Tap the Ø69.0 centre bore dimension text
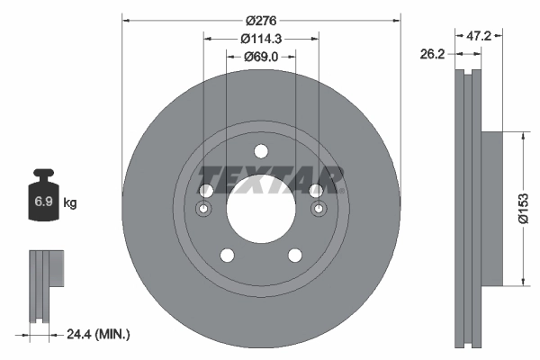click(261, 57)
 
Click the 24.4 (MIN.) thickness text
click(98, 334)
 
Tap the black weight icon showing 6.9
click(43, 199)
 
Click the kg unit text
click(69, 203)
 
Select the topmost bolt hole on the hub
click(260, 151)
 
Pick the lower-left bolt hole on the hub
click(227, 255)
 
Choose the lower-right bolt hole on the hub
click(294, 255)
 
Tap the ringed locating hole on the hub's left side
click(204, 211)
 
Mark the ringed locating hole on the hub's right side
click(317, 211)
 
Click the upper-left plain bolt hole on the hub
click(205, 191)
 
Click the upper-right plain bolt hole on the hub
click(316, 191)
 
